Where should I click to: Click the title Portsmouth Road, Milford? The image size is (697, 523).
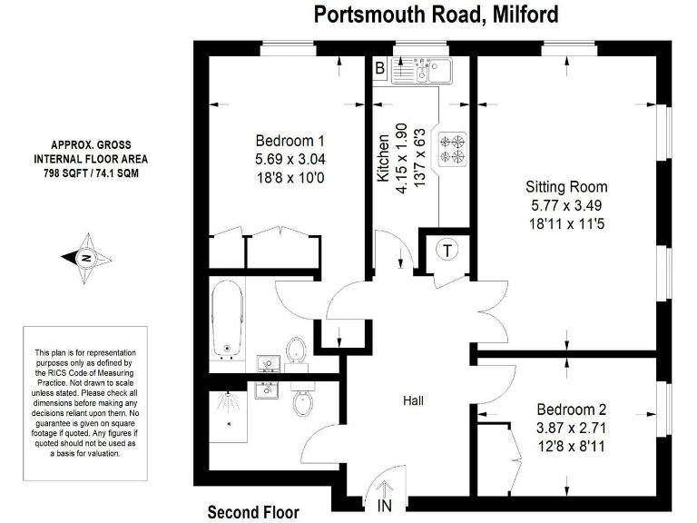[436, 15]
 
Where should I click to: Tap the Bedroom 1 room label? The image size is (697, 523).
[290, 141]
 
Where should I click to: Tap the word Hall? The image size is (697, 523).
[414, 400]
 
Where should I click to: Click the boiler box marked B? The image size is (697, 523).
[381, 67]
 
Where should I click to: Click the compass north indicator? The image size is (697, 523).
[87, 258]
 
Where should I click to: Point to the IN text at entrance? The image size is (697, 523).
[386, 506]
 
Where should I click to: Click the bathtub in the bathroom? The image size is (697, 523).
[228, 319]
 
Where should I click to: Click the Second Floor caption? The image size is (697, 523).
[253, 512]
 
